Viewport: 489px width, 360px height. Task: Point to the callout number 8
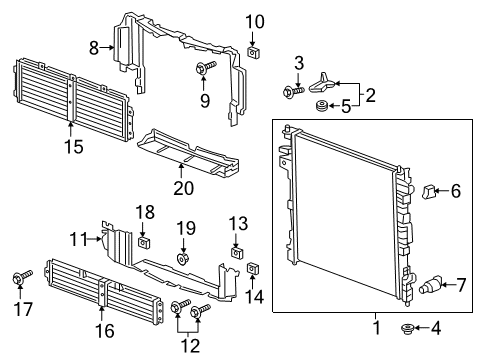pyautogui.click(x=93, y=46)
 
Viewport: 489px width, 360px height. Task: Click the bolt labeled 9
pyautogui.click(x=205, y=68)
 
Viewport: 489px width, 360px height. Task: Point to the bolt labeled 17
pyautogui.click(x=21, y=277)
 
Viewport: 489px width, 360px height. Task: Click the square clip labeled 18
pyautogui.click(x=146, y=241)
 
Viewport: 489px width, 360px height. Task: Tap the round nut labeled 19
pyautogui.click(x=185, y=259)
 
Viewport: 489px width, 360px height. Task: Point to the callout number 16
pyautogui.click(x=103, y=327)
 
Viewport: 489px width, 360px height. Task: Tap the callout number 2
pyautogui.click(x=371, y=96)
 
